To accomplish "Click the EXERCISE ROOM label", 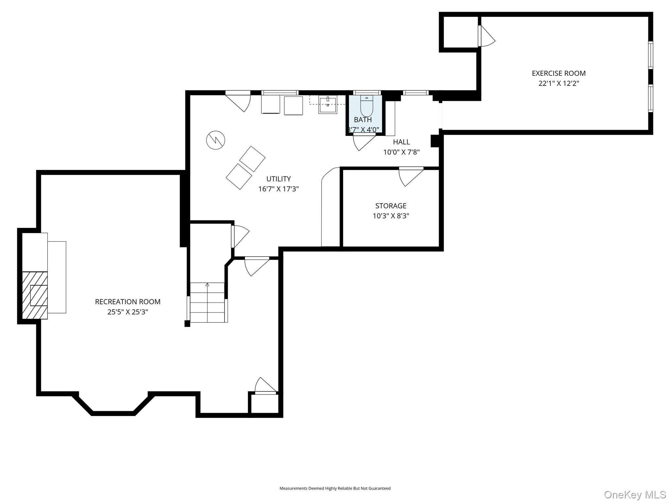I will click(x=558, y=73).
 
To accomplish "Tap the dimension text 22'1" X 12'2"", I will click(x=558, y=83).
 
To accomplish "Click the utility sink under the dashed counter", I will click(x=327, y=105).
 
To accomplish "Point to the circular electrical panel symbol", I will click(x=216, y=140).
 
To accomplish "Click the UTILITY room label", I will click(x=278, y=179).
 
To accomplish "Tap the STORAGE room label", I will click(x=391, y=206).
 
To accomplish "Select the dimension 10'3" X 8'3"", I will click(x=391, y=216).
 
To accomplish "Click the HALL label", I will click(x=401, y=142).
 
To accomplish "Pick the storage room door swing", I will click(x=409, y=176).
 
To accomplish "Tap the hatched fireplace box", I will click(x=35, y=295).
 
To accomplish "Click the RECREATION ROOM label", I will click(x=128, y=302).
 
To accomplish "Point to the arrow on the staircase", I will click(x=207, y=285).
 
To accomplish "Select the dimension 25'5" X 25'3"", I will click(x=128, y=312).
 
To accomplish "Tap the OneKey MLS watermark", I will click(x=635, y=494).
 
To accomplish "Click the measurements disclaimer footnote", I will click(x=335, y=488).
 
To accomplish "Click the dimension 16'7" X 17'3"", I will click(x=278, y=189).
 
